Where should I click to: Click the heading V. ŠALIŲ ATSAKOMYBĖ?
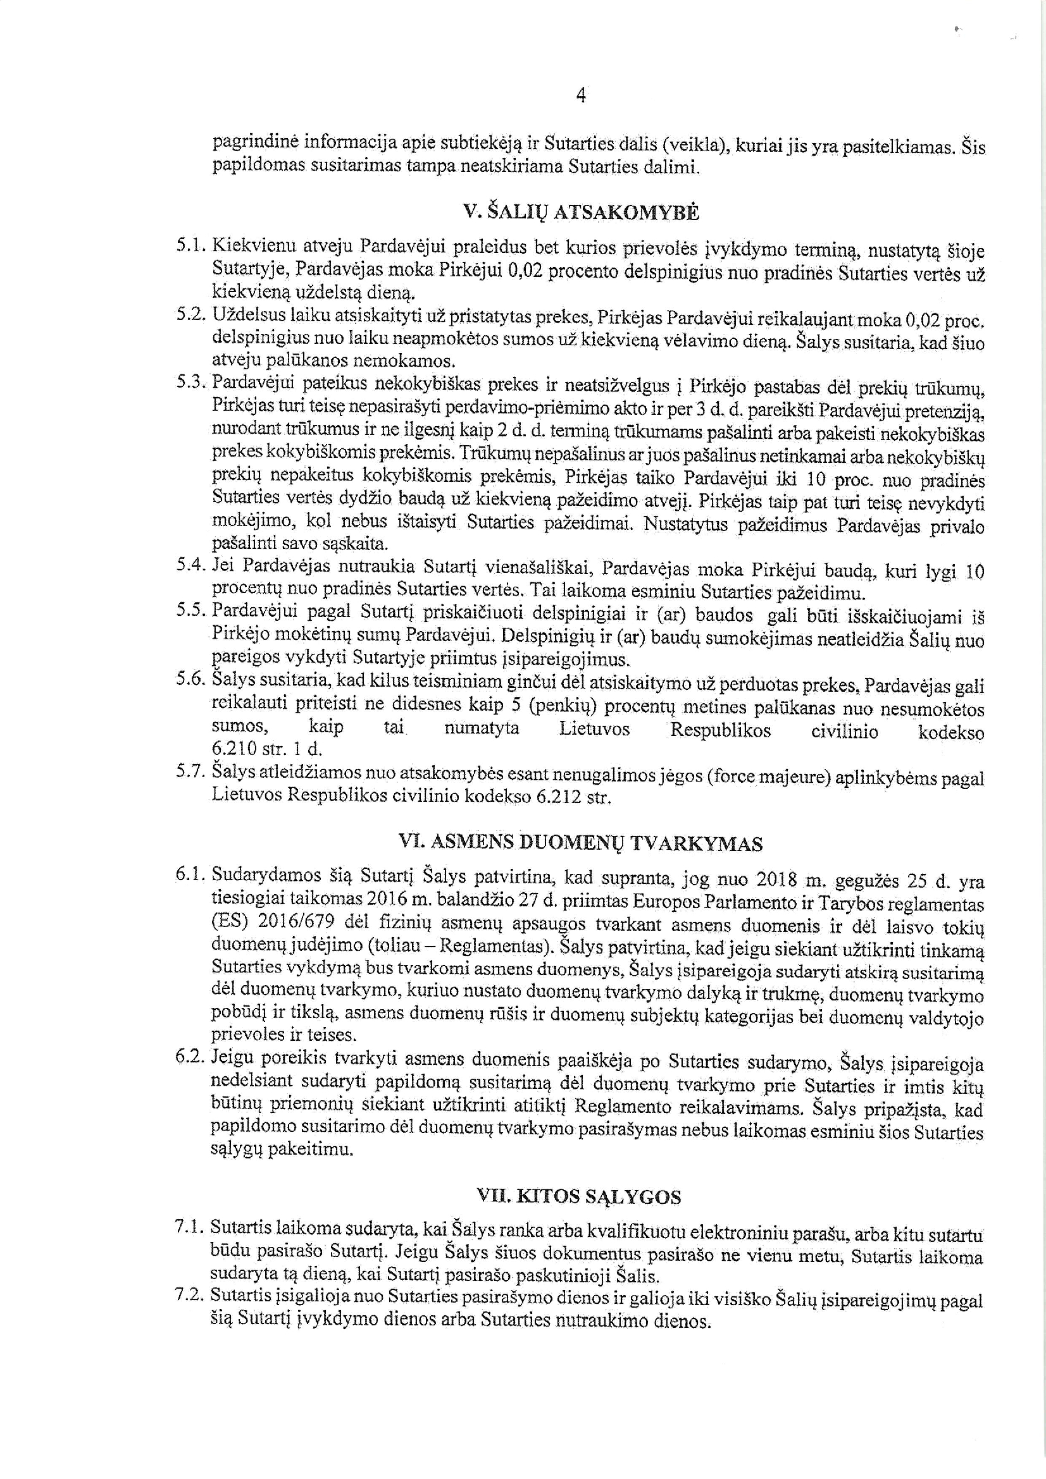point(581,212)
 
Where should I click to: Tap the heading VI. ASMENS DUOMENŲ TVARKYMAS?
point(581,844)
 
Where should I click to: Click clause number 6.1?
point(190,875)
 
